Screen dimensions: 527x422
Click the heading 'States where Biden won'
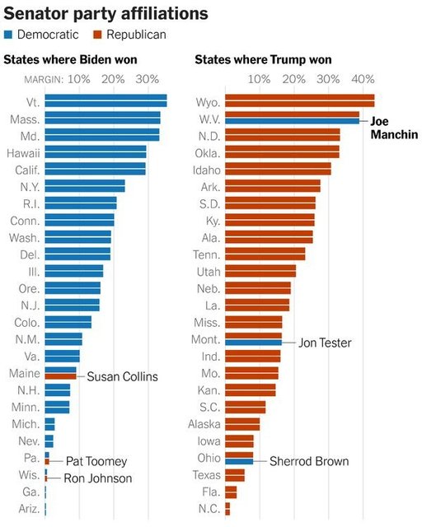coord(70,60)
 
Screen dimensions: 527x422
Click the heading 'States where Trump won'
coord(261,60)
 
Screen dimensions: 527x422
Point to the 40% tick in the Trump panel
coord(363,79)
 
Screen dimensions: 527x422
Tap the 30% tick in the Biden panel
coord(147,79)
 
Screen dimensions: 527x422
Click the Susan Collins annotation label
coord(122,376)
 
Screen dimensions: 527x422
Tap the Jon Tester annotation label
coord(325,343)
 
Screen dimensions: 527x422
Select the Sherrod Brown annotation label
coord(309,461)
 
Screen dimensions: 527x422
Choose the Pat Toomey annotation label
coord(96,461)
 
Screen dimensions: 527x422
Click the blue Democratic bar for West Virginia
coord(293,121)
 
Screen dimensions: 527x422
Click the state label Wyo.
coord(208,102)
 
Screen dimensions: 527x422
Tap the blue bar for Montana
coord(253,343)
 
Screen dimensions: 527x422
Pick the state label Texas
coord(206,475)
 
